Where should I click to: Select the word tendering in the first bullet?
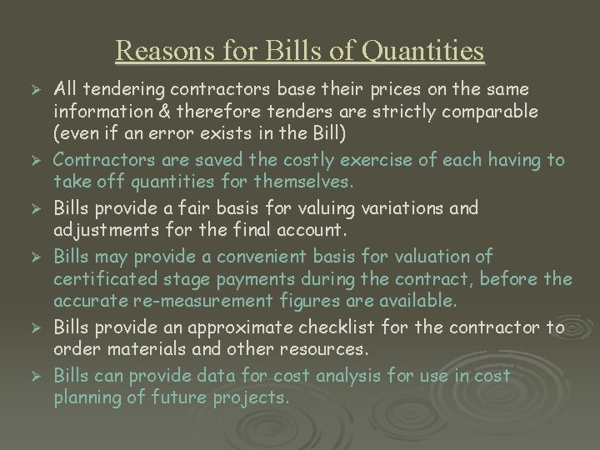(x=120, y=88)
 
